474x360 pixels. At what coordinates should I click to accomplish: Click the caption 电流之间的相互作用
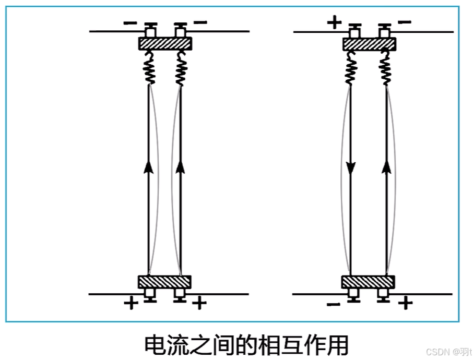pyautogui.click(x=245, y=344)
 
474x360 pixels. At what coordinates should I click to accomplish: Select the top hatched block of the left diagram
pyautogui.click(x=165, y=43)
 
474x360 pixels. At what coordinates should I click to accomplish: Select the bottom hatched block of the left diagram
pyautogui.click(x=164, y=282)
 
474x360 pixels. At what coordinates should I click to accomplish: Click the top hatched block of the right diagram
pyautogui.click(x=369, y=43)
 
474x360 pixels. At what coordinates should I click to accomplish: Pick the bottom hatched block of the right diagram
pyautogui.click(x=369, y=282)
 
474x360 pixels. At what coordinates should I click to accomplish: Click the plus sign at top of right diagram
pyautogui.click(x=334, y=22)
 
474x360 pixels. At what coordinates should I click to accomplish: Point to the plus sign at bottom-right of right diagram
pyautogui.click(x=405, y=303)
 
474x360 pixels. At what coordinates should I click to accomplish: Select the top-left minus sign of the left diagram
pyautogui.click(x=131, y=22)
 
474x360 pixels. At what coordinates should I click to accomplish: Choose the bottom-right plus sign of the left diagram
pyautogui.click(x=200, y=303)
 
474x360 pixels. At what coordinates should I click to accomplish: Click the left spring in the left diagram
pyautogui.click(x=149, y=68)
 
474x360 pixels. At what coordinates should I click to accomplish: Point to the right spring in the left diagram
pyautogui.click(x=181, y=68)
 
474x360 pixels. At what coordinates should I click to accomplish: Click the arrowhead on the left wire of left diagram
pyautogui.click(x=149, y=166)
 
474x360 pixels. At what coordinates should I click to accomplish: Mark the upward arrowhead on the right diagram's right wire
pyautogui.click(x=386, y=166)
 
